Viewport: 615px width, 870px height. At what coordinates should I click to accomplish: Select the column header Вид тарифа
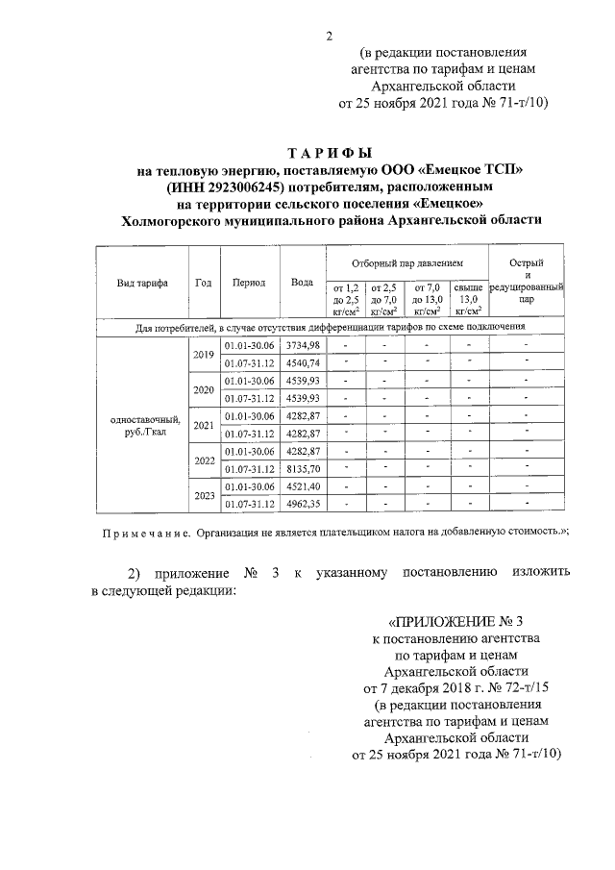142,283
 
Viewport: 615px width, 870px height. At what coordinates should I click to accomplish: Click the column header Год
203,283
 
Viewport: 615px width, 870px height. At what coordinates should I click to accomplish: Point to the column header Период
250,283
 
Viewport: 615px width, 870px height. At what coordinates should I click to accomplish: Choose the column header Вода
302,283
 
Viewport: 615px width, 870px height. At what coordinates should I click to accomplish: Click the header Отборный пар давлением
407,262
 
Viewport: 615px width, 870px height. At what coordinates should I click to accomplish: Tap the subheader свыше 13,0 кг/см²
468,299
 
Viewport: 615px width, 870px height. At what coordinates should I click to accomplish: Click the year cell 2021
203,424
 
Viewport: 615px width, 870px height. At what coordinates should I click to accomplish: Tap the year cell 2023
203,495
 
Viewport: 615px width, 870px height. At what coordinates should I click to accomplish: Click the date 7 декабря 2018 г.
424,688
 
